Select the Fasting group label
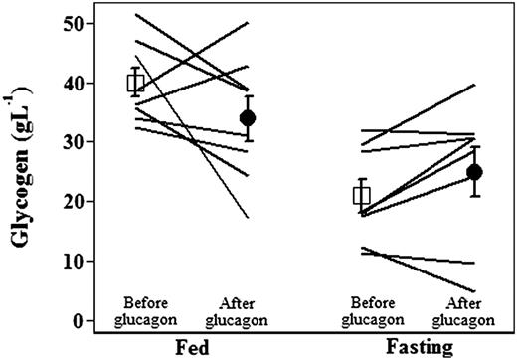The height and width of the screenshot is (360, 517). (x=418, y=348)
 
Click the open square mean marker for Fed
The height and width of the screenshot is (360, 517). (x=137, y=82)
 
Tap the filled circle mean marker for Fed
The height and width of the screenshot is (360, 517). (x=248, y=117)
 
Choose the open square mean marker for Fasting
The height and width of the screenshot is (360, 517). (x=361, y=195)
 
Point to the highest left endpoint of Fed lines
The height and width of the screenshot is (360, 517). (x=136, y=14)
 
